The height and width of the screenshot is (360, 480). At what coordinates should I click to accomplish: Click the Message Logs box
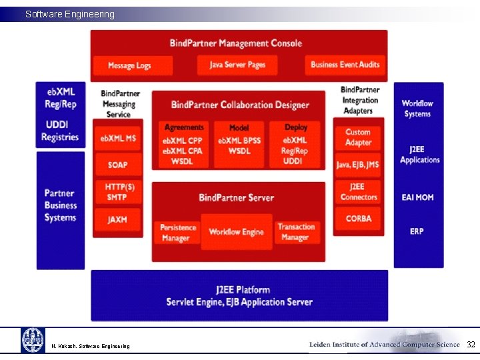[129, 65]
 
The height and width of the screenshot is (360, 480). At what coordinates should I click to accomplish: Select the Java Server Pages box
[237, 65]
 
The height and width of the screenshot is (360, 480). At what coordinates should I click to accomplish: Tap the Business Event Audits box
[345, 65]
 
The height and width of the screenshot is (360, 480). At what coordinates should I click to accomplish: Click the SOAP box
[117, 165]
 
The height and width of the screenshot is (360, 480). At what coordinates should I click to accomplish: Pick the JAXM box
[117, 219]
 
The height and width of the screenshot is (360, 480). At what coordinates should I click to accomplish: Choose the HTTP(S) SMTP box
[119, 192]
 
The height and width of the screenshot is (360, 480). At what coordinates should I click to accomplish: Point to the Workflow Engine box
[236, 232]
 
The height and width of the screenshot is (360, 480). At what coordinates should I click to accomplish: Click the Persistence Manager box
[178, 233]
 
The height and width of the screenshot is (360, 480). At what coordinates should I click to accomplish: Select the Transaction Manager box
[295, 233]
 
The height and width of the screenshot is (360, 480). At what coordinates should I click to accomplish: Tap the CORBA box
[359, 219]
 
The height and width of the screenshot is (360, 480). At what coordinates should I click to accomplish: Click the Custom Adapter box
[358, 137]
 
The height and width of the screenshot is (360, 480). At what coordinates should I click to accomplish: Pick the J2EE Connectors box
[359, 192]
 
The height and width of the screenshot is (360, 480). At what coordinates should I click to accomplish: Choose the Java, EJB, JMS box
[358, 165]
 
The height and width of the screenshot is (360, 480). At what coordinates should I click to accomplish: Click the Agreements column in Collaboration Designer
[183, 144]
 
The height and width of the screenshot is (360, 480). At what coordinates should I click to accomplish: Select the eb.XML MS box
[117, 138]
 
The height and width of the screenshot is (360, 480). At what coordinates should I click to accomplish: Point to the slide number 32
[471, 345]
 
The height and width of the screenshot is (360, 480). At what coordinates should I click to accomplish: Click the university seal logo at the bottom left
[33, 340]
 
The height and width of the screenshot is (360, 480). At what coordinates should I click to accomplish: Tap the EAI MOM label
[418, 197]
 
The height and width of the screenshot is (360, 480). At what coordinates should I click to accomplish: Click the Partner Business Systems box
[61, 205]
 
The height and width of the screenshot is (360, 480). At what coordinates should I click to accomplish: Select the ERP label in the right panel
[417, 231]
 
